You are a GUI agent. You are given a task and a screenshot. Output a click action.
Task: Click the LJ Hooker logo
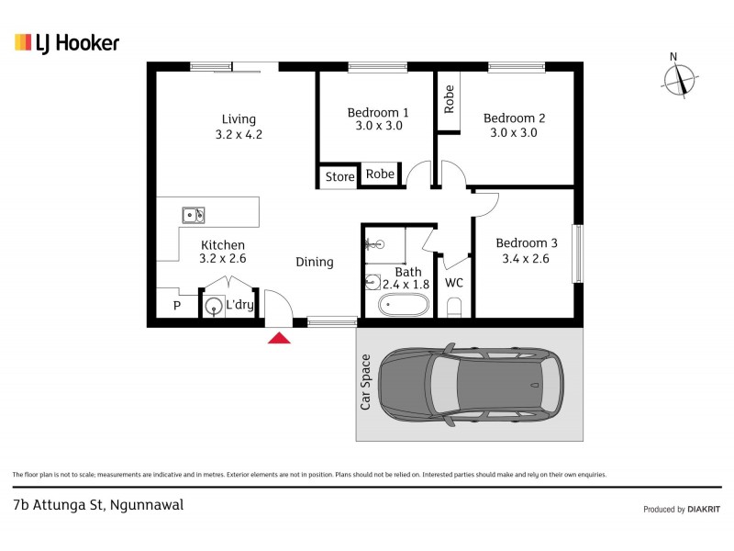(x=67, y=42)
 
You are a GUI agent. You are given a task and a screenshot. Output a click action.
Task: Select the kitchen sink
(x=194, y=216)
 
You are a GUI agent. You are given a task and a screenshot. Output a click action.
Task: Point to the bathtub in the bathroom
(x=404, y=305)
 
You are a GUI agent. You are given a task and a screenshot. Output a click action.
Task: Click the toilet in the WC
(x=453, y=309)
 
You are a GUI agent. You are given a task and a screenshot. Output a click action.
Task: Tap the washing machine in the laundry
(x=213, y=306)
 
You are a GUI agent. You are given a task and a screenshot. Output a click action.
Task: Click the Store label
(x=339, y=177)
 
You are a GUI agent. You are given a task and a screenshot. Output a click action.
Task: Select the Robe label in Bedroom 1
(x=380, y=174)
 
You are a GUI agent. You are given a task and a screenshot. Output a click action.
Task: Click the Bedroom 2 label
(x=514, y=118)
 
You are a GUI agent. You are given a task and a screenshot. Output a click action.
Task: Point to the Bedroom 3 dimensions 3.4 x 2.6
(x=527, y=259)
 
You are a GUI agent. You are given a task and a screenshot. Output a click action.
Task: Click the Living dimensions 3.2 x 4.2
(x=239, y=134)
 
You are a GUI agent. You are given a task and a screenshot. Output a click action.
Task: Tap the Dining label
(x=314, y=262)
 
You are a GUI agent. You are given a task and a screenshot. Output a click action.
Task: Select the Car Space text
(x=365, y=382)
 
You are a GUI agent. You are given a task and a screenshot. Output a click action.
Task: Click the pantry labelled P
(x=176, y=306)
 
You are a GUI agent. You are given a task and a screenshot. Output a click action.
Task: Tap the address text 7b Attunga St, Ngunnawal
(x=98, y=504)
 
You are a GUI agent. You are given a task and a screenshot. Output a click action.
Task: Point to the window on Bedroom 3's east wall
(x=577, y=253)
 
